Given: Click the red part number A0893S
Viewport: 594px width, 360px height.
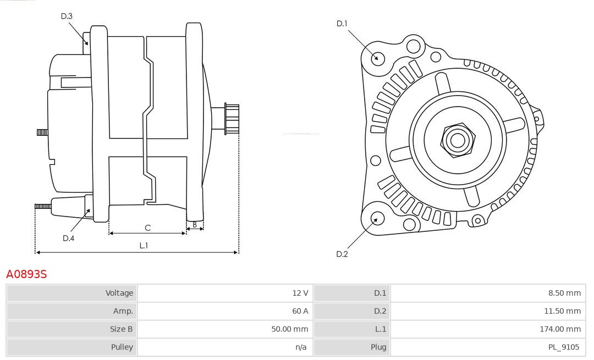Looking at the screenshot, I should [x=26, y=274].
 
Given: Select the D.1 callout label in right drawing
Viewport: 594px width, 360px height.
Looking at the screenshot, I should [x=342, y=23].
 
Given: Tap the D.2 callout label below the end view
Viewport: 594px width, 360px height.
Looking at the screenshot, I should [x=342, y=254].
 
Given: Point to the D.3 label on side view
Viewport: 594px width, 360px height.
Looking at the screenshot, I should [x=67, y=16].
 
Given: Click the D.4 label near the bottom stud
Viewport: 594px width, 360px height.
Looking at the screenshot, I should [x=68, y=238].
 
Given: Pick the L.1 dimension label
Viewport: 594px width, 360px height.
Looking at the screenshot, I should [x=143, y=246].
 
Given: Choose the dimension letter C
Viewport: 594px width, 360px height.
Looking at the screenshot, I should [x=147, y=228].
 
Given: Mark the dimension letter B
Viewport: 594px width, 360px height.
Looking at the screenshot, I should [x=195, y=224].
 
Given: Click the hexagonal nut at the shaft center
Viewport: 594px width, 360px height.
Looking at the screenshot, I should [x=457, y=140].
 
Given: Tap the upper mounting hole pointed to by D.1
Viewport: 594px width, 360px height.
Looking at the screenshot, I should [x=378, y=58].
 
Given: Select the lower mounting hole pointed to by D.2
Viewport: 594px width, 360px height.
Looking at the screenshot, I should [x=377, y=219].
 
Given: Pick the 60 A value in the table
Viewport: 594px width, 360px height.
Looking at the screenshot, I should [x=300, y=311].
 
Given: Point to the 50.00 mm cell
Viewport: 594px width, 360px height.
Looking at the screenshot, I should [x=291, y=329].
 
